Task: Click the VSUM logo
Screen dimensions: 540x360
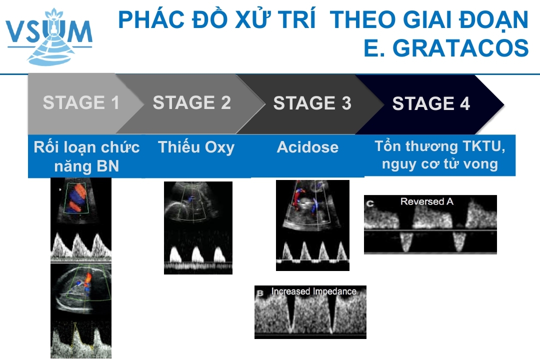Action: click(49, 36)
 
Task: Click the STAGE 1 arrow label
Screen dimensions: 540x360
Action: click(81, 102)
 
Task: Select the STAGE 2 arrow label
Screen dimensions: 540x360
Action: click(192, 102)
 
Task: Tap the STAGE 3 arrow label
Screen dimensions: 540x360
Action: click(312, 103)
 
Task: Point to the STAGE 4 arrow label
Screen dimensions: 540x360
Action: click(431, 103)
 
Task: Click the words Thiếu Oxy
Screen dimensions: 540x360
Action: click(196, 147)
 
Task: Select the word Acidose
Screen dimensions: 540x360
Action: click(308, 147)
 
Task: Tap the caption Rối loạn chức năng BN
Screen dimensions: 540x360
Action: click(87, 156)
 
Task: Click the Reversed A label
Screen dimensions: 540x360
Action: click(426, 201)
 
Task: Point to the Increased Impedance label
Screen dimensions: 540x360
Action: click(313, 291)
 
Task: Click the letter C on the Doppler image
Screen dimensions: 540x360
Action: click(370, 203)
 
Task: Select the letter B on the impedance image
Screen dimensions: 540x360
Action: click(260, 293)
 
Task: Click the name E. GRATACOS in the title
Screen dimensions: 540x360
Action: click(446, 48)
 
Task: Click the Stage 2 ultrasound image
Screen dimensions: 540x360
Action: click(198, 227)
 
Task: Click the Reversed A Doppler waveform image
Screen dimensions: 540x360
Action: click(430, 224)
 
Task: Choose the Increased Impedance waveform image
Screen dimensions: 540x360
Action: click(310, 312)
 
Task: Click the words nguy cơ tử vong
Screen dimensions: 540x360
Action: click(440, 164)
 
